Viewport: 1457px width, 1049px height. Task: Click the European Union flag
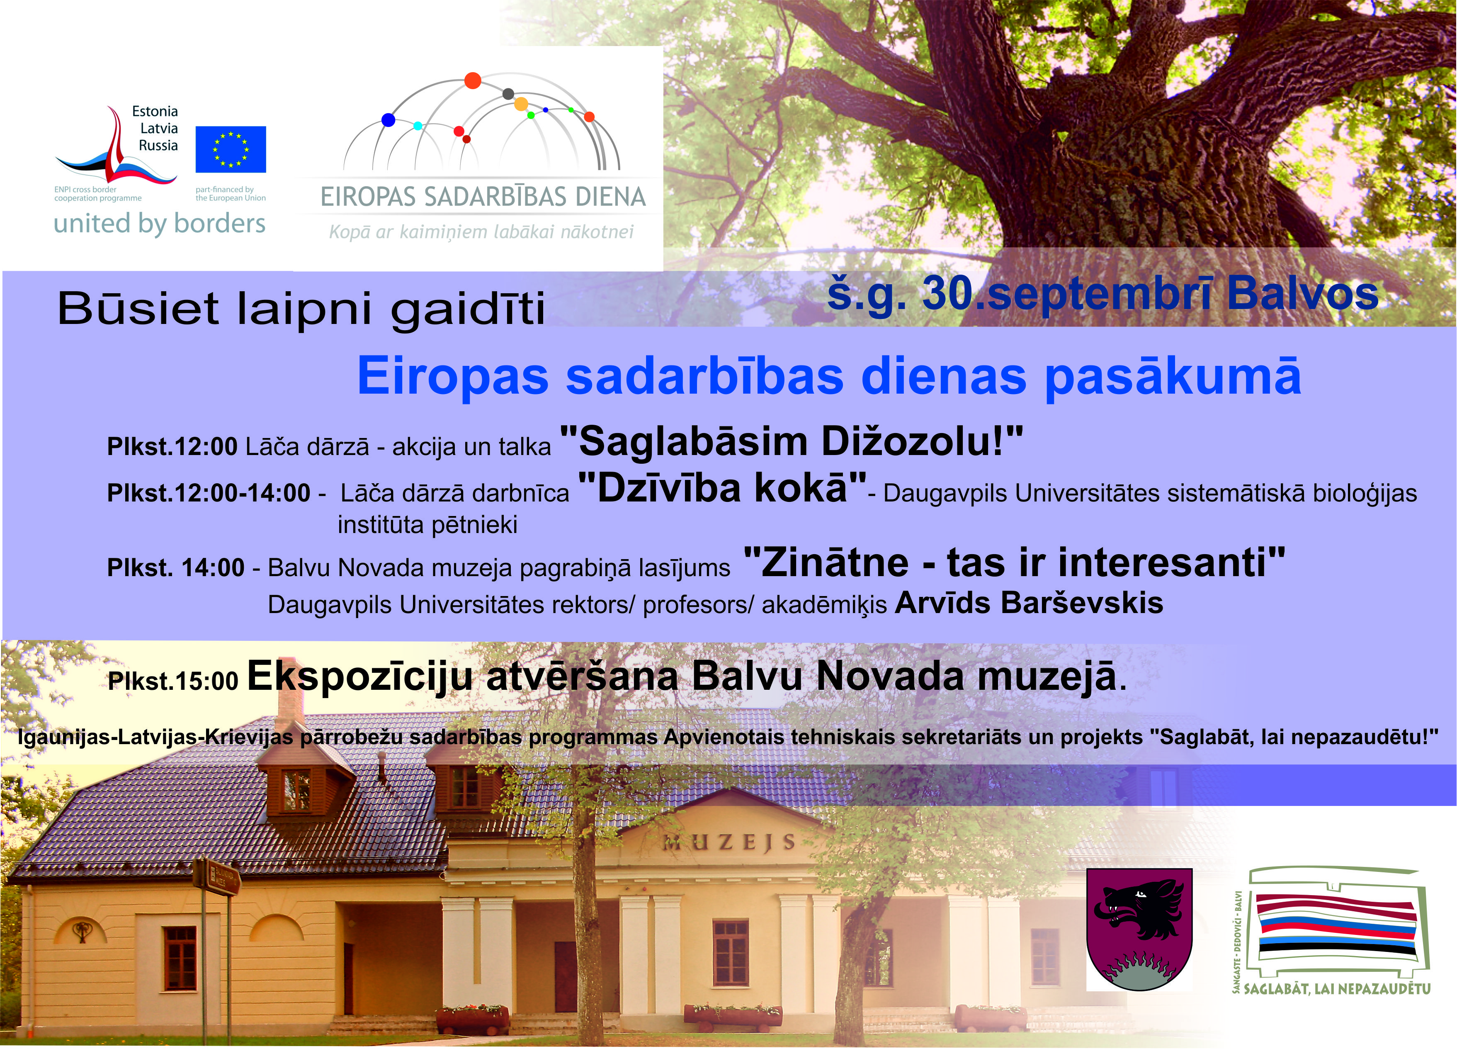tap(231, 149)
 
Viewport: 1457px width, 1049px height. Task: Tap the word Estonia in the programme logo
tap(155, 111)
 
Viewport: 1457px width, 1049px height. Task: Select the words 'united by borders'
tap(159, 224)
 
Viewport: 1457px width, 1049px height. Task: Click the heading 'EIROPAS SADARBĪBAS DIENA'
tap(483, 197)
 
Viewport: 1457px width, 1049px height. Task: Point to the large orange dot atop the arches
tap(473, 81)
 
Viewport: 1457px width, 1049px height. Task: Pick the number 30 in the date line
tap(946, 294)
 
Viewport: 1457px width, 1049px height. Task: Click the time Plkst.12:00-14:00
tap(209, 493)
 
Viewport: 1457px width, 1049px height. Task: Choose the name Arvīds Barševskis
tap(1029, 603)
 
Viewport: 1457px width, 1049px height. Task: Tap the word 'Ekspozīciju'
tap(360, 677)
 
